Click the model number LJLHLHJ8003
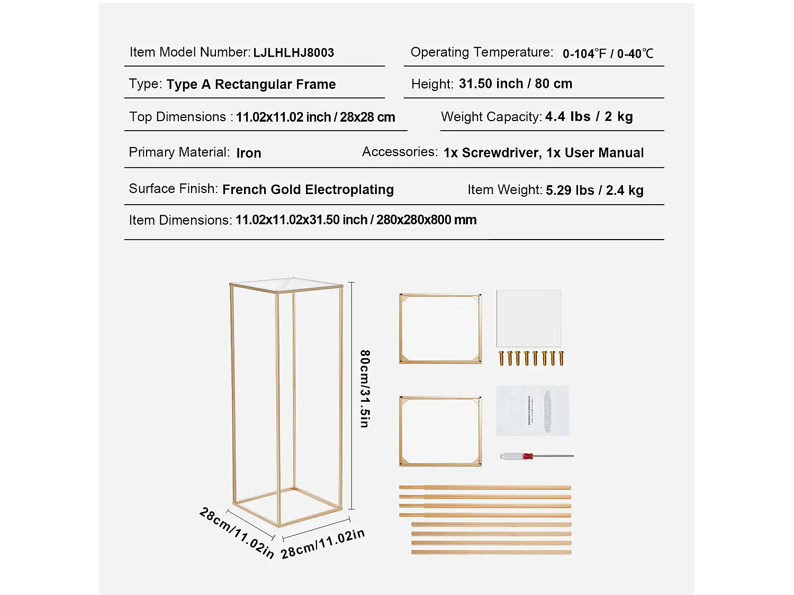click(293, 53)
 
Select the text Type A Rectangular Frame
click(251, 85)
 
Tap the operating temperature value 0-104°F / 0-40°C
click(608, 53)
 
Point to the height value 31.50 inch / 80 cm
click(515, 84)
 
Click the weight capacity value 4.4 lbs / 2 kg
click(589, 117)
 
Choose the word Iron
click(248, 153)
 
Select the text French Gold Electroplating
click(308, 190)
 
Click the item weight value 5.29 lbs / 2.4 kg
click(594, 190)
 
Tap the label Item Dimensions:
click(180, 221)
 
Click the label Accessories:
click(400, 152)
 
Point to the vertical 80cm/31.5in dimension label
click(365, 388)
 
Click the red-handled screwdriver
click(536, 456)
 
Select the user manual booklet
click(532, 410)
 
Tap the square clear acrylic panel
click(528, 318)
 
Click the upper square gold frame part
click(440, 329)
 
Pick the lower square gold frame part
click(440, 431)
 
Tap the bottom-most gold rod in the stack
click(491, 552)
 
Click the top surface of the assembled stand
click(286, 284)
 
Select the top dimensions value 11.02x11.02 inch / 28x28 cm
click(315, 117)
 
